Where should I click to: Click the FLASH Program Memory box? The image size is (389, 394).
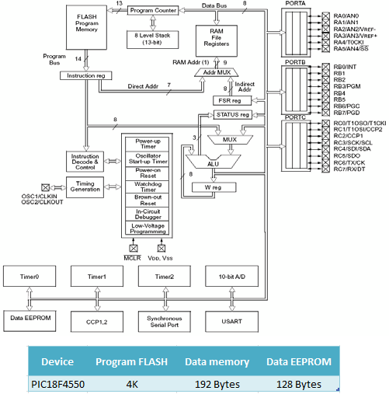pos(86,27)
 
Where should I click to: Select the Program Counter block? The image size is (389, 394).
pos(153,10)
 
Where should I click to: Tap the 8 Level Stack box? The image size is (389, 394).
pos(152,39)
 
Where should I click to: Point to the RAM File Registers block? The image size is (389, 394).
pos(217,40)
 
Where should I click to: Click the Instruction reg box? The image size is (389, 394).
pos(86,75)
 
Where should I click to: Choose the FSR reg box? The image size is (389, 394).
pos(232,100)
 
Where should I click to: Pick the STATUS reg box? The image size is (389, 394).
pos(233,115)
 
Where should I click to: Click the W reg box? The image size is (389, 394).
pos(214,187)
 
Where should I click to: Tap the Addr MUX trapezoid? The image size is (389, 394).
pos(217,72)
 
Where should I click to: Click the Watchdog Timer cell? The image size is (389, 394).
pos(148,187)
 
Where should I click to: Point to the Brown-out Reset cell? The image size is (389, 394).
pos(148,200)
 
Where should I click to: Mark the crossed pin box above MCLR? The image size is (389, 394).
pos(134,248)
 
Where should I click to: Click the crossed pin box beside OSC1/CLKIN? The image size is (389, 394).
pos(46,187)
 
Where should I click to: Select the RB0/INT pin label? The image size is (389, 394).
pos(345,67)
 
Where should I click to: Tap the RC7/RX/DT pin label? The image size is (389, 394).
pos(349,169)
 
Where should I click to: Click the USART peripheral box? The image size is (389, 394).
pos(231,322)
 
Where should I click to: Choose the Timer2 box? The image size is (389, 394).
pos(165,277)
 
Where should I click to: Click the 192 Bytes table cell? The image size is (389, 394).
pos(217,384)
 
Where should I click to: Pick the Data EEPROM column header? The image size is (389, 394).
pos(299,361)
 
